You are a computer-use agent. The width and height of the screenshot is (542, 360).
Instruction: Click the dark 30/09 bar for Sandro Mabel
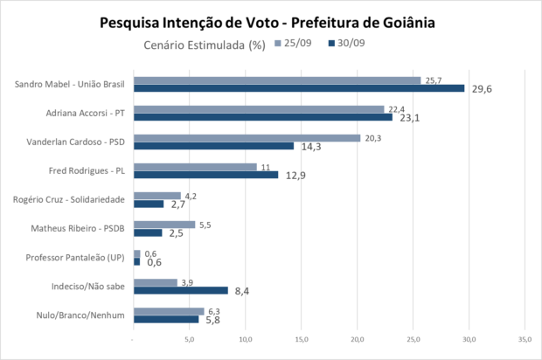tap(298, 87)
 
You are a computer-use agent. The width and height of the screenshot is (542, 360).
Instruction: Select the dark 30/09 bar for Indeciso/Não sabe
tap(180, 290)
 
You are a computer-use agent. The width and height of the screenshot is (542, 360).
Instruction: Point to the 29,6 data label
tap(482, 88)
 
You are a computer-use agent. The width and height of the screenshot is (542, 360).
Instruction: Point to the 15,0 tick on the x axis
tap(301, 338)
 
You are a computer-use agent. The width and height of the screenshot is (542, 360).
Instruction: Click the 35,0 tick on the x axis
tap(525, 338)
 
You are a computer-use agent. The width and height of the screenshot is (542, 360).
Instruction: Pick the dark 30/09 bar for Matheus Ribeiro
tap(147, 232)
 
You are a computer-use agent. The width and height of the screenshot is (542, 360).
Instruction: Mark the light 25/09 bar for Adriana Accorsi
tap(258, 108)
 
